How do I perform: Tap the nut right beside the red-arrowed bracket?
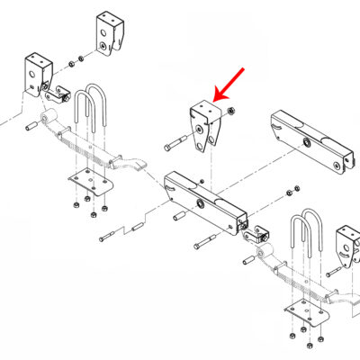click(231, 111)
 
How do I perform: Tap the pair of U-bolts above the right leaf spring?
click(306, 236)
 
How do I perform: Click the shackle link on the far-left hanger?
click(61, 94)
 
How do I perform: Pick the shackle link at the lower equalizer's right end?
click(257, 236)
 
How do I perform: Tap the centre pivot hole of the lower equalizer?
click(203, 199)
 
